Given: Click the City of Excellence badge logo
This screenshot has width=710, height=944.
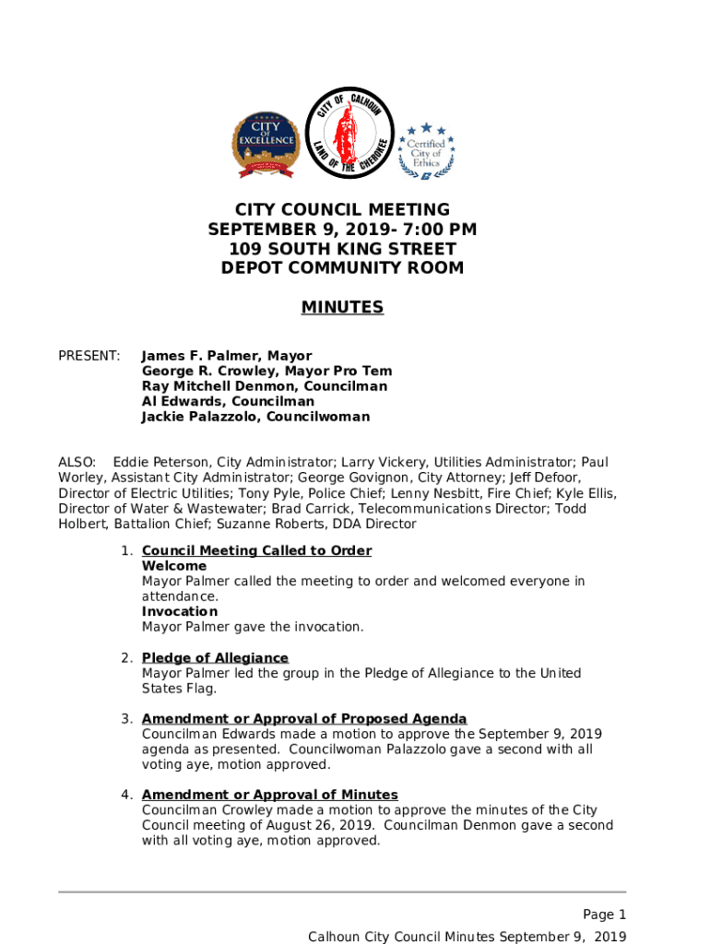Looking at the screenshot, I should [266, 145].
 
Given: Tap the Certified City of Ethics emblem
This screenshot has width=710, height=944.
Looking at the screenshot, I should [426, 150].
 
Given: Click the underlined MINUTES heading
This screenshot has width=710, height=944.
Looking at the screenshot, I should [342, 307].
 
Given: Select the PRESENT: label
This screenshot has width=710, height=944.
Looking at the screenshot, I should [89, 356].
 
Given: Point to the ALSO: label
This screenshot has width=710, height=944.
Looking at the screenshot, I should [77, 462].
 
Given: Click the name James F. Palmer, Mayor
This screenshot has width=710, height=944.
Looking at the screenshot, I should [227, 356].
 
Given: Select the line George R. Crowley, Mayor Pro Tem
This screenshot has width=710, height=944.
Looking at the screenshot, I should [266, 372].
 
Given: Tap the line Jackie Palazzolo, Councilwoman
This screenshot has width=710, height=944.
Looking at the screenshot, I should [255, 417].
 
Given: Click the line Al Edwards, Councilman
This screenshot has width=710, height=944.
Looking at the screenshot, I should [228, 402].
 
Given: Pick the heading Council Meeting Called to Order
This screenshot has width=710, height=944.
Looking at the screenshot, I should [256, 550].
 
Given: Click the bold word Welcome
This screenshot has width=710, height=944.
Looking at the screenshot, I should [174, 566].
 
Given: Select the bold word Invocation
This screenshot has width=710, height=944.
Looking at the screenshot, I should [180, 611].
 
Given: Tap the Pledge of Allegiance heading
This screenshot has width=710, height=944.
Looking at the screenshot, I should [215, 657].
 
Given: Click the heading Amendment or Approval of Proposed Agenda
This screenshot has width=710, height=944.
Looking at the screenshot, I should [304, 718].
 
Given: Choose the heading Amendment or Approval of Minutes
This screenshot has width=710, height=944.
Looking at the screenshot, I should [269, 795].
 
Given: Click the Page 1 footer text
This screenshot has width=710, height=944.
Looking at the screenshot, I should [604, 914].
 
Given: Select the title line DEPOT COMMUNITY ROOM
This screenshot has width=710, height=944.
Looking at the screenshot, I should [342, 268].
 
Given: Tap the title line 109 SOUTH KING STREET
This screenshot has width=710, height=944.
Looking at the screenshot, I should [342, 249].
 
